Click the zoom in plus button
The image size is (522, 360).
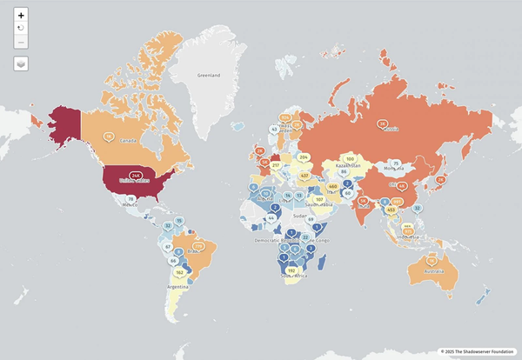21,16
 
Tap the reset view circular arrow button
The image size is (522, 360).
21,29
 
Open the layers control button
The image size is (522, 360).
21,63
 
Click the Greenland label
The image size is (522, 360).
208,76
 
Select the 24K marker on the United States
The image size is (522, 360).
136,176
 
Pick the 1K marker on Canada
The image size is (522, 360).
109,136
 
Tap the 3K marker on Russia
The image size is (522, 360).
383,124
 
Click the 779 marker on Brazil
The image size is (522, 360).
197,247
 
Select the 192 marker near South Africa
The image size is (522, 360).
291,270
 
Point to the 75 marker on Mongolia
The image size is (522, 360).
395,163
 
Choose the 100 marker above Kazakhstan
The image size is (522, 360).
350,159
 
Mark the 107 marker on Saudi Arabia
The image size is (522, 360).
319,199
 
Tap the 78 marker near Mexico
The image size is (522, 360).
130,199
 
